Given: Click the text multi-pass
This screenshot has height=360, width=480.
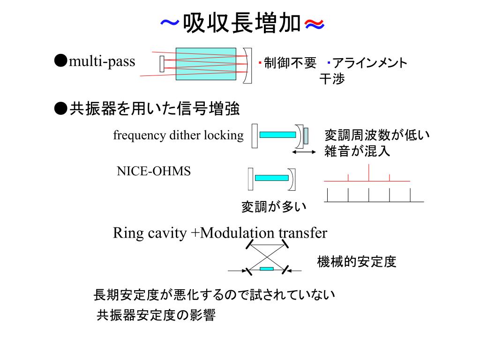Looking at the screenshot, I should point(102,61).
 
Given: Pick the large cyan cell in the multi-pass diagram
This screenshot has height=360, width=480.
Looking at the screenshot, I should point(206,64).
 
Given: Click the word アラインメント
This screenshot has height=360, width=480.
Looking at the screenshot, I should point(369,63).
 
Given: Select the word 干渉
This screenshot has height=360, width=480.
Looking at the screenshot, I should point(332,79).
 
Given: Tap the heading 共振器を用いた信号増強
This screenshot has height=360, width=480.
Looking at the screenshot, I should point(154,109).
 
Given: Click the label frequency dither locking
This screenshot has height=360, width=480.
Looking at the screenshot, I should point(179,135).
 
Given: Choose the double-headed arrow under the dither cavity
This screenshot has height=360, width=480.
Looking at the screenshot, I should point(304,152).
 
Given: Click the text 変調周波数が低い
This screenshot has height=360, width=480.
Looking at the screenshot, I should point(377,135).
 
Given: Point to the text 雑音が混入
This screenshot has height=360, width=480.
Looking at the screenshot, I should point(357,151).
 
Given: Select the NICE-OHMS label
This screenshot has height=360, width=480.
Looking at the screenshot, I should point(154,171).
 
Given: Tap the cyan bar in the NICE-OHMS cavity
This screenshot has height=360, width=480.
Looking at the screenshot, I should point(271,178).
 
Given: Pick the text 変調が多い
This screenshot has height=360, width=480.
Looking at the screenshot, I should point(274,207).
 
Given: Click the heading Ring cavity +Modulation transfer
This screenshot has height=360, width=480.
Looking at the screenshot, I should point(220,233).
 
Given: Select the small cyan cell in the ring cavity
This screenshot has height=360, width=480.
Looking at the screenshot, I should point(267,269).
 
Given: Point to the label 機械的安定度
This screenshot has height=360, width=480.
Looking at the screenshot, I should point(357,262).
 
